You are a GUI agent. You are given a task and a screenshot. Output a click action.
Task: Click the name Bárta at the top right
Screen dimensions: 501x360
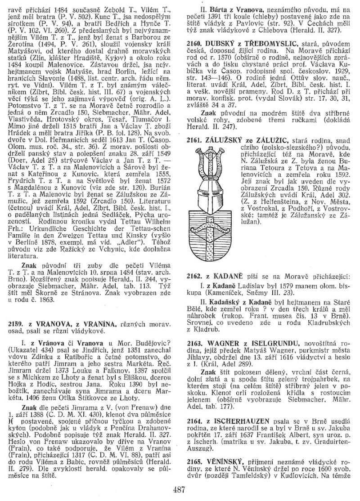tap(213, 8)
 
